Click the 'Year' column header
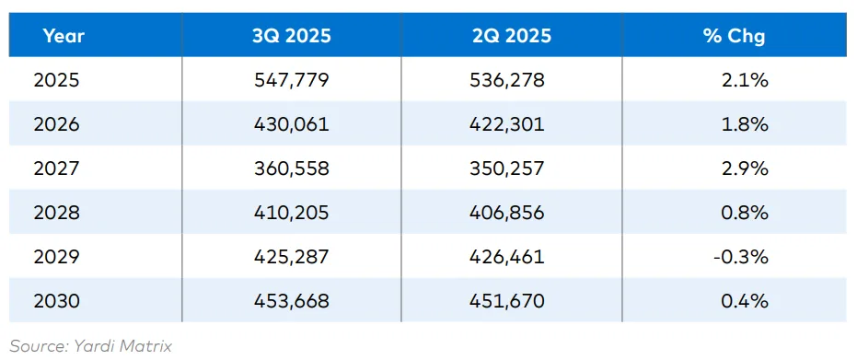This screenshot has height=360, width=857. [x=63, y=36]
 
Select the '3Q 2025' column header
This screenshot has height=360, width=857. [x=292, y=36]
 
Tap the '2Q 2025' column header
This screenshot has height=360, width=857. [x=512, y=36]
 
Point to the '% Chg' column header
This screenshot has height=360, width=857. [x=734, y=36]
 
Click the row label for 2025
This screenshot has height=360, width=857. [x=56, y=80]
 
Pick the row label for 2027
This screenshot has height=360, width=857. [x=56, y=168]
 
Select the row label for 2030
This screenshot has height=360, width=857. [x=56, y=301]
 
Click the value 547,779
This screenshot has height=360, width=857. [x=292, y=80]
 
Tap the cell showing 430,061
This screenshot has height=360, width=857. [x=292, y=124]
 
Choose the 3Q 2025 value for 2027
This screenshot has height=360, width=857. [x=292, y=168]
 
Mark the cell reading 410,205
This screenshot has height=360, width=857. [x=292, y=213]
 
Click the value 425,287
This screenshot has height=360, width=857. [x=292, y=257]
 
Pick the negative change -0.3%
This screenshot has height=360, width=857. [x=740, y=257]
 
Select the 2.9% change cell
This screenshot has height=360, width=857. [x=745, y=168]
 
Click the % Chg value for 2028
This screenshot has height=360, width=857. [x=745, y=213]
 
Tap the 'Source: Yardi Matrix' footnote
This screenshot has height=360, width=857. [x=91, y=345]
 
